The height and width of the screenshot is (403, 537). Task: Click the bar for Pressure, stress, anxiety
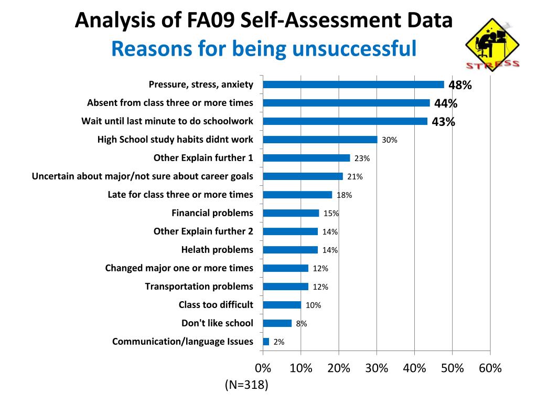pos(353,84)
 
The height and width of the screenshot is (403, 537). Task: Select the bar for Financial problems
pos(291,213)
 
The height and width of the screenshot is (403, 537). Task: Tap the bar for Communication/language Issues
pos(266,342)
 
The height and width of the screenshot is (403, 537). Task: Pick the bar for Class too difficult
pos(282,305)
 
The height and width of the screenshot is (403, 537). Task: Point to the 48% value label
pos(460,85)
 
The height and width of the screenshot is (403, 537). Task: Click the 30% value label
pos(390,140)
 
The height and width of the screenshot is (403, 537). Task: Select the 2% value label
pos(279,342)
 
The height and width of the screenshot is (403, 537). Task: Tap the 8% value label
pos(302,324)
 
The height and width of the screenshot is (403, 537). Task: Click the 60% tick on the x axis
pos(490,368)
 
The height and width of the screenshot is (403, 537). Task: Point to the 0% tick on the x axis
pos(263,368)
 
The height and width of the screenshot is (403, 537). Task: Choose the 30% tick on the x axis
pos(377,368)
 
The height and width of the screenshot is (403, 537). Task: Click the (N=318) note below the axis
pos(246,385)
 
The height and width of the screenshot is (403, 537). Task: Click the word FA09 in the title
pos(211,21)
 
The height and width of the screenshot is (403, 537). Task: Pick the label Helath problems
pos(217,250)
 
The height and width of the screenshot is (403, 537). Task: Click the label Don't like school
pos(217,323)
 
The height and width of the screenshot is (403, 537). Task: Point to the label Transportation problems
pos(199,287)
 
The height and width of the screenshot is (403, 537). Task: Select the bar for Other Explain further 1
pos(306,158)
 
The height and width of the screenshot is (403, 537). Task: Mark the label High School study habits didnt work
pos(175,140)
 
